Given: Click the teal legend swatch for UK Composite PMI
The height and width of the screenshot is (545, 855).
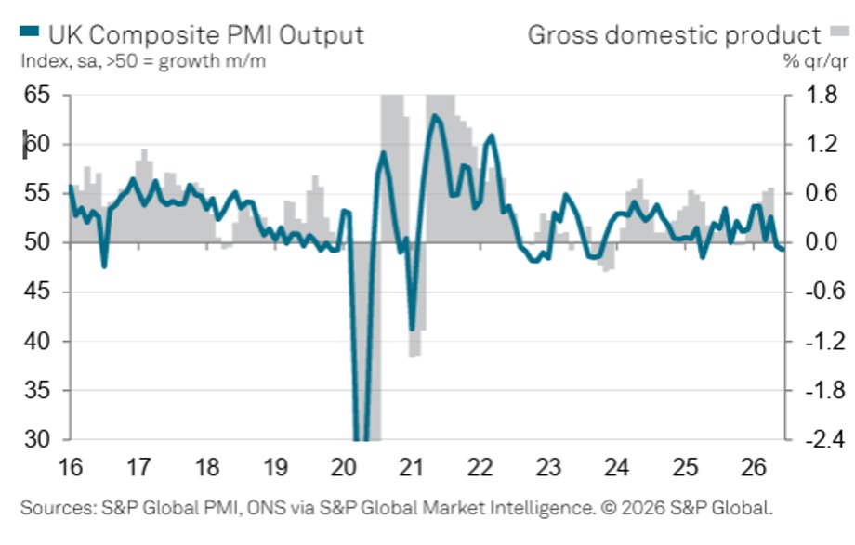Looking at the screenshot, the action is [30, 32].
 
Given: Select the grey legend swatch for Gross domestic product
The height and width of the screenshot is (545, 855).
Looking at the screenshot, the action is [839, 31].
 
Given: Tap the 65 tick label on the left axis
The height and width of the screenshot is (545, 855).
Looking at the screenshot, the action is [37, 95].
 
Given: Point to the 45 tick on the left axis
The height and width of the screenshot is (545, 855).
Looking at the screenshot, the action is [37, 292].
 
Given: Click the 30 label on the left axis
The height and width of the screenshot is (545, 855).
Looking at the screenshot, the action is [37, 439].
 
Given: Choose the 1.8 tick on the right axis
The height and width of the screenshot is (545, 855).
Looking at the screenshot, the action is [822, 95].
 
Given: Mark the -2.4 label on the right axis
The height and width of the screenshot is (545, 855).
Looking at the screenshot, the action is [825, 439].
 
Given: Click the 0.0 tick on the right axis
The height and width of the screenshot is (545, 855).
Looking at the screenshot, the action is [822, 242].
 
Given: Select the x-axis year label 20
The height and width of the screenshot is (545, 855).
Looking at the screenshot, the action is [344, 467].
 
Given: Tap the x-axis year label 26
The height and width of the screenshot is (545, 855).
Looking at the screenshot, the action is [754, 467].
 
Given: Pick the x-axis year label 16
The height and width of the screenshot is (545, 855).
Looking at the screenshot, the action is [71, 467].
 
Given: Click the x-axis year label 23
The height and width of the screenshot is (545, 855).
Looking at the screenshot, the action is [548, 467].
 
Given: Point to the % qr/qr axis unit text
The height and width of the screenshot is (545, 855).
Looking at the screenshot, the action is [816, 61].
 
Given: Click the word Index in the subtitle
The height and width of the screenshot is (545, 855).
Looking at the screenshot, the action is [45, 60].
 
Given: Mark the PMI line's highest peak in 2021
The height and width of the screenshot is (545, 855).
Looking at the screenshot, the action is [434, 115].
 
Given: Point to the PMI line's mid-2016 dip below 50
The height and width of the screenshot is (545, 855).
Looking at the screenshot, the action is [104, 266].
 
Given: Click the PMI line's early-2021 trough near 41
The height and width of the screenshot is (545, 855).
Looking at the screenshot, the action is [413, 330].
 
